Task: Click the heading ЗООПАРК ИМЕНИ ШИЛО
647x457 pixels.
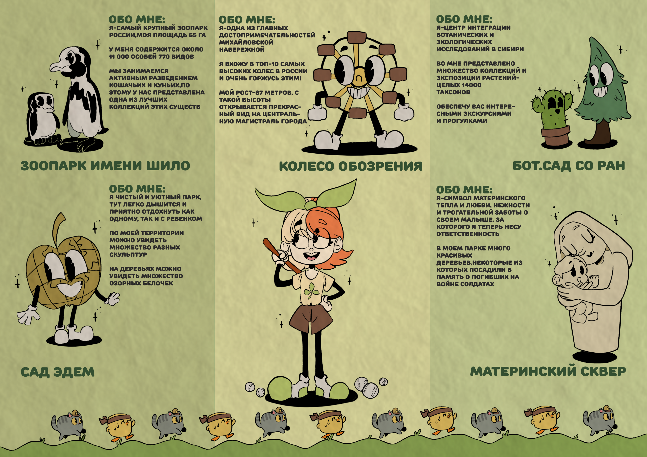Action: click(x=105, y=166)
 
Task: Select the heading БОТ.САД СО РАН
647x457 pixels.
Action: click(x=569, y=166)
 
